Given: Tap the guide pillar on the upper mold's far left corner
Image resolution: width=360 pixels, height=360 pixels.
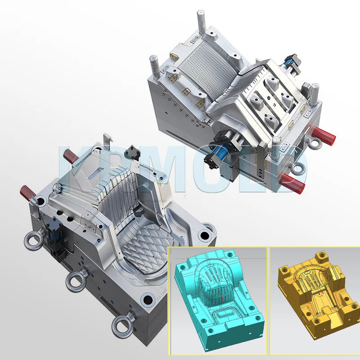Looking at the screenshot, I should coord(154,65).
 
